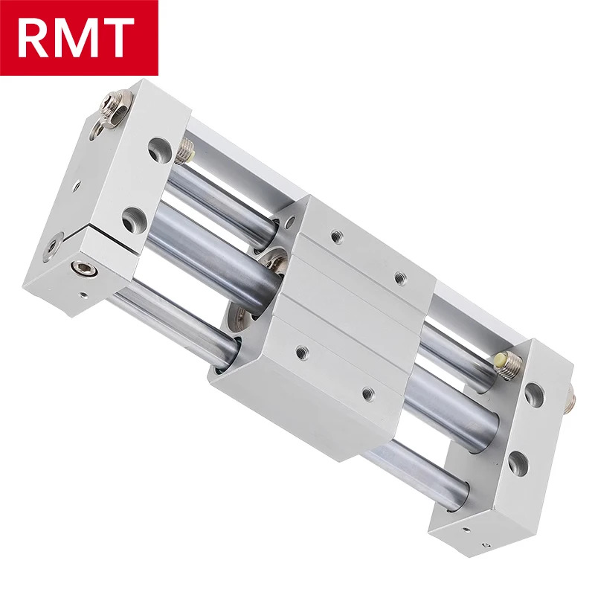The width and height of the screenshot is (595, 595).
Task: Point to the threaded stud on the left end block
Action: tap(184, 150)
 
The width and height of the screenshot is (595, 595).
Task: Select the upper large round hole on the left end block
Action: tap(159, 149)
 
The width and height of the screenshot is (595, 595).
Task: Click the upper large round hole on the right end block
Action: tap(534, 395)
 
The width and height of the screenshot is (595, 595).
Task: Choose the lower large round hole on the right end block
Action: tap(518, 463)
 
